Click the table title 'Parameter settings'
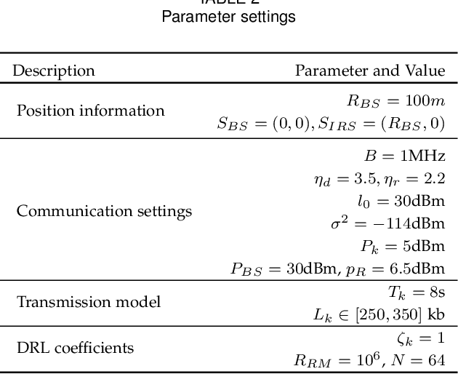228,17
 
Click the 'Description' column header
54,71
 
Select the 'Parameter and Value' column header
369,71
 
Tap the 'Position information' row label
90,111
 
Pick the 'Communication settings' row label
104,211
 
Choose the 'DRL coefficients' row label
75,348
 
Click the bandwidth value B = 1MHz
404,156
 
